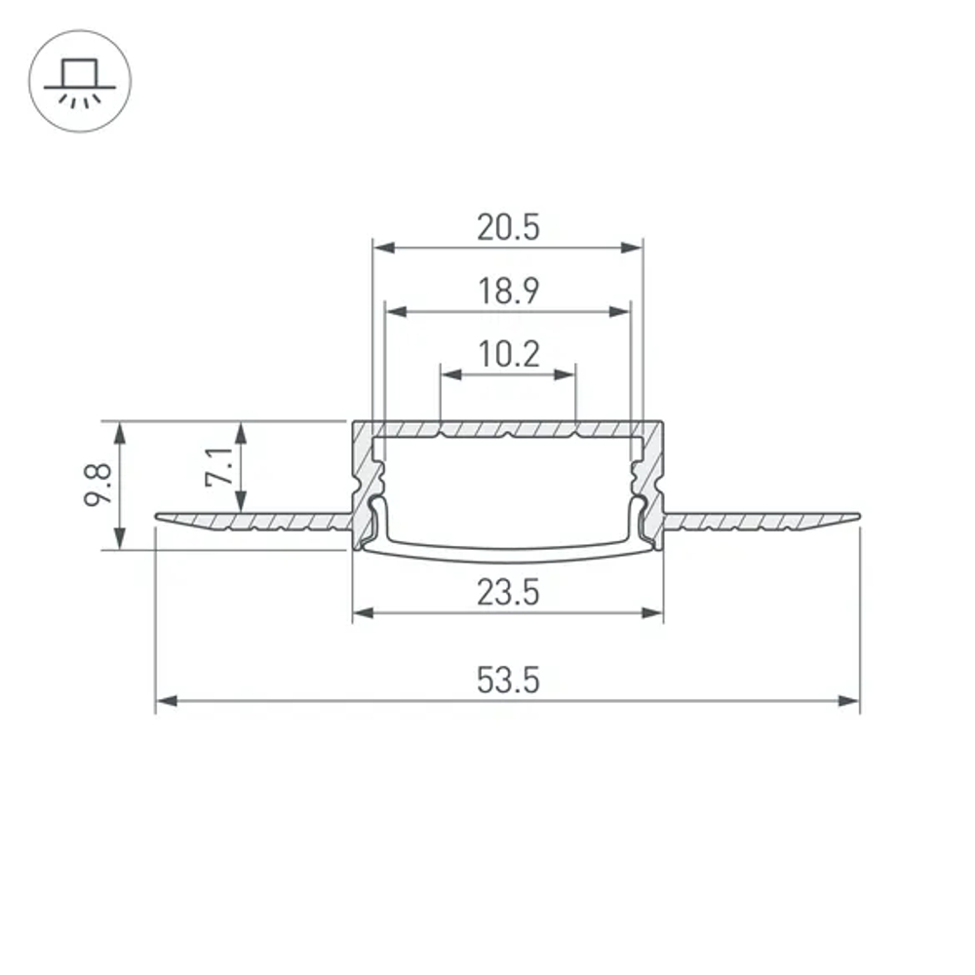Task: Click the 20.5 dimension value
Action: coord(508,227)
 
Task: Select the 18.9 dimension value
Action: coord(508,291)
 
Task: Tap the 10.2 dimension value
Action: coord(508,353)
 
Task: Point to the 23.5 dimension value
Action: coord(508,592)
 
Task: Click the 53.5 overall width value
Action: coord(508,680)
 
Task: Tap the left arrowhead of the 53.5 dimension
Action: coord(166,700)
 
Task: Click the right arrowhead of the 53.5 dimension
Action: coord(850,700)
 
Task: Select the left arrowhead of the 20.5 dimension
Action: coord(383,248)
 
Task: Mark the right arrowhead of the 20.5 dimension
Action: coord(633,248)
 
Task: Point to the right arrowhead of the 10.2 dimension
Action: coord(566,373)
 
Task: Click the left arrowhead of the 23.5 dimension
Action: coord(363,613)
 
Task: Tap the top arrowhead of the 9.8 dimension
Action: coord(121,432)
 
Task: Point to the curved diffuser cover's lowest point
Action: coord(508,563)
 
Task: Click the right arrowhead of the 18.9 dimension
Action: coord(620,312)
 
